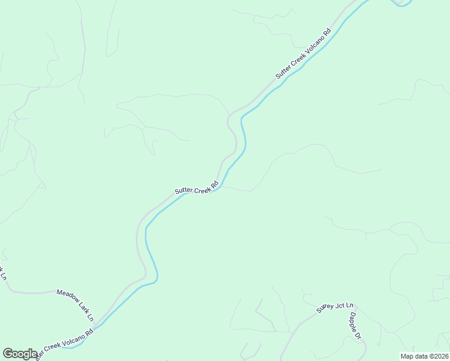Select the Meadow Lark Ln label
click(x=75, y=304)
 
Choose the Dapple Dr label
click(x=356, y=326)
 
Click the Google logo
click(x=20, y=354)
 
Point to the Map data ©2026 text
click(x=425, y=356)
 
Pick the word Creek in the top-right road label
click(x=298, y=61)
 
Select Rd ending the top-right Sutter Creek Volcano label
click(x=327, y=32)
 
